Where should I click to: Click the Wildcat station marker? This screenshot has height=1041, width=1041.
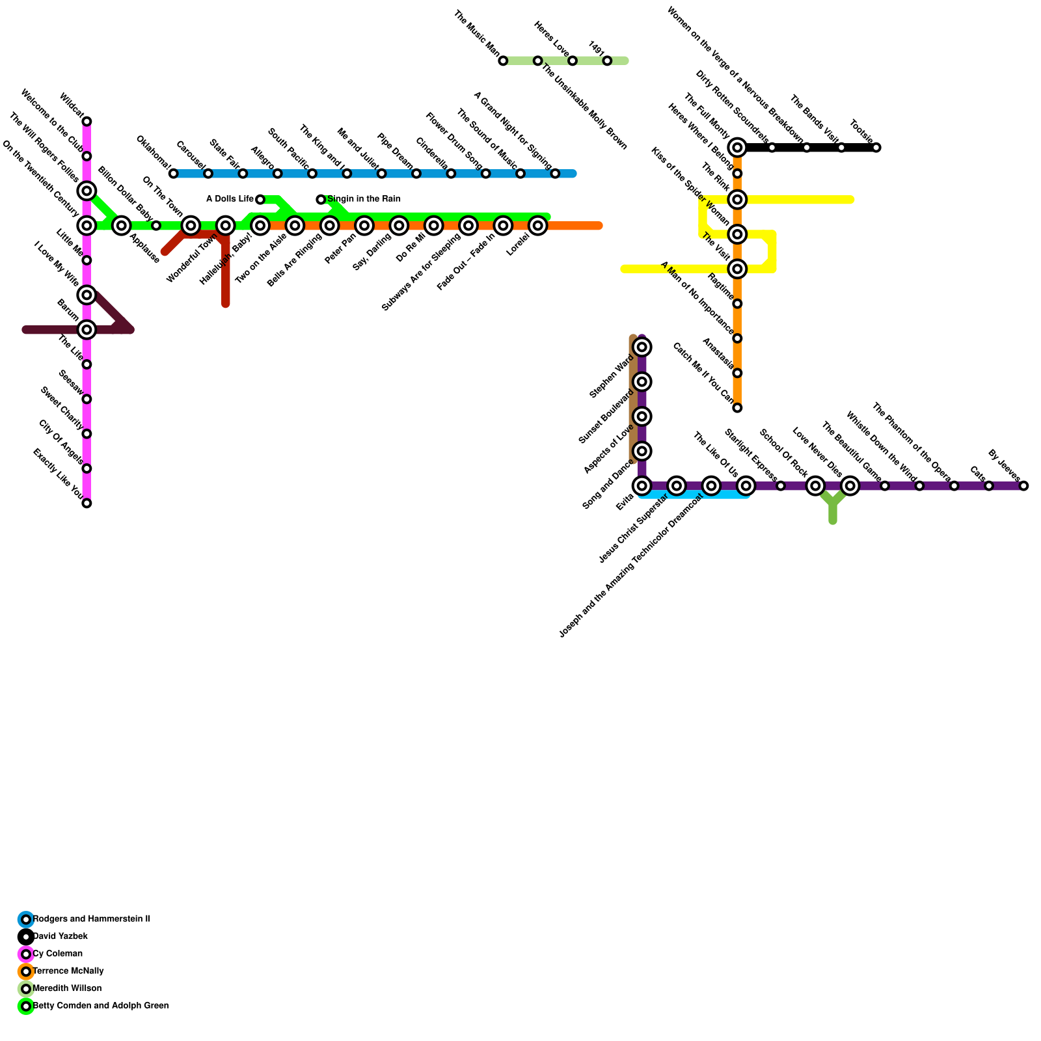click(x=87, y=122)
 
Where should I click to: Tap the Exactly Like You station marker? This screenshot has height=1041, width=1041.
click(x=87, y=503)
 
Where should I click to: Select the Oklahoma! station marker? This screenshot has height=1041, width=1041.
click(x=173, y=174)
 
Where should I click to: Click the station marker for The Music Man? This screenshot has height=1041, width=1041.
click(x=503, y=61)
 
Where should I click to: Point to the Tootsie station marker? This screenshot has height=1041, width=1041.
click(x=876, y=148)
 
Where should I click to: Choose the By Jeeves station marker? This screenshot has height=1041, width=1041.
click(x=1023, y=486)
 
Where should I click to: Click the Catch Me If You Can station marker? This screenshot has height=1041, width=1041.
click(x=737, y=408)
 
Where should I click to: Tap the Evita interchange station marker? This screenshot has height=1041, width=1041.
click(x=642, y=486)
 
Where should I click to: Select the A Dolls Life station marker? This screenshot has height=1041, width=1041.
click(x=260, y=199)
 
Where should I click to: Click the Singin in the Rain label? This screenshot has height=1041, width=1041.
click(x=364, y=199)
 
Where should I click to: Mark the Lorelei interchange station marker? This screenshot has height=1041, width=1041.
click(x=537, y=226)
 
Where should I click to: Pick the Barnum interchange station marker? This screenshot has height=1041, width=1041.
click(x=87, y=330)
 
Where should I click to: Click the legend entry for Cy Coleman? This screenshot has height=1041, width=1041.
click(x=57, y=954)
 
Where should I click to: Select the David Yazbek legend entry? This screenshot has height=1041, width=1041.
click(x=60, y=936)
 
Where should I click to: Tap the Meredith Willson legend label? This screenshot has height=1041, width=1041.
click(x=67, y=988)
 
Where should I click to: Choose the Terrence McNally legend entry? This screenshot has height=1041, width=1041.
click(x=68, y=971)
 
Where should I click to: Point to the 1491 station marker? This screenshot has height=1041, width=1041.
click(x=607, y=61)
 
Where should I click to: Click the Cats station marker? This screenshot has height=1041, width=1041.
click(x=989, y=486)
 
